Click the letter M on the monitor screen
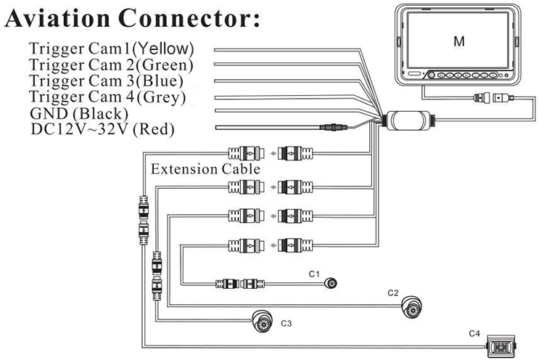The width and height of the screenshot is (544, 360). (458, 41)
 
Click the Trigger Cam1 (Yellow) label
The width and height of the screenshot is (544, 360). (111, 49)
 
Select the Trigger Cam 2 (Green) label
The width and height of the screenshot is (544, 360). (111, 65)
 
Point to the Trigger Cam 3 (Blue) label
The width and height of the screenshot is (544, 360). (107, 81)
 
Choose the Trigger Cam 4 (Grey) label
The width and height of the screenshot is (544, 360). (107, 97)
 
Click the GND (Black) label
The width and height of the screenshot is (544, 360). (78, 113)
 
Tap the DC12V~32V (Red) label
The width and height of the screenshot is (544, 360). (102, 130)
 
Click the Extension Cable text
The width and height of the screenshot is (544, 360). (205, 169)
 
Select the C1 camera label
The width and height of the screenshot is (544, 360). (314, 274)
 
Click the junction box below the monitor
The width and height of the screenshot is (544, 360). (408, 120)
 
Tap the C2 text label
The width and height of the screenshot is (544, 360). (393, 292)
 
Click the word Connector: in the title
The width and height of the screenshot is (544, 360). (191, 19)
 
